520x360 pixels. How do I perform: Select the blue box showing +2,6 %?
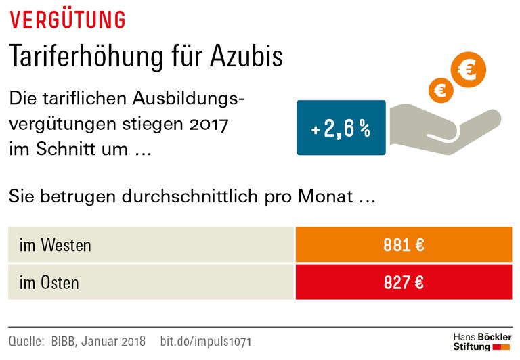[x=341, y=128]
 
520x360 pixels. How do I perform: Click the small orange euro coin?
[x=440, y=90]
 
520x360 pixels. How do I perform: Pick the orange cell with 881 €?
[x=404, y=244]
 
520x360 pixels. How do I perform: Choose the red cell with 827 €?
[x=404, y=282]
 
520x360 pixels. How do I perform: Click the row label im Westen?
[x=56, y=245]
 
